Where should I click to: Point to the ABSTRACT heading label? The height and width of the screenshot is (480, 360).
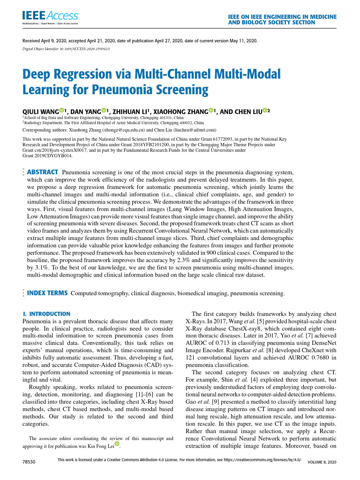pos(43,172)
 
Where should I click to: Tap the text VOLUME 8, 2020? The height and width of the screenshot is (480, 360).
pos(322,462)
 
